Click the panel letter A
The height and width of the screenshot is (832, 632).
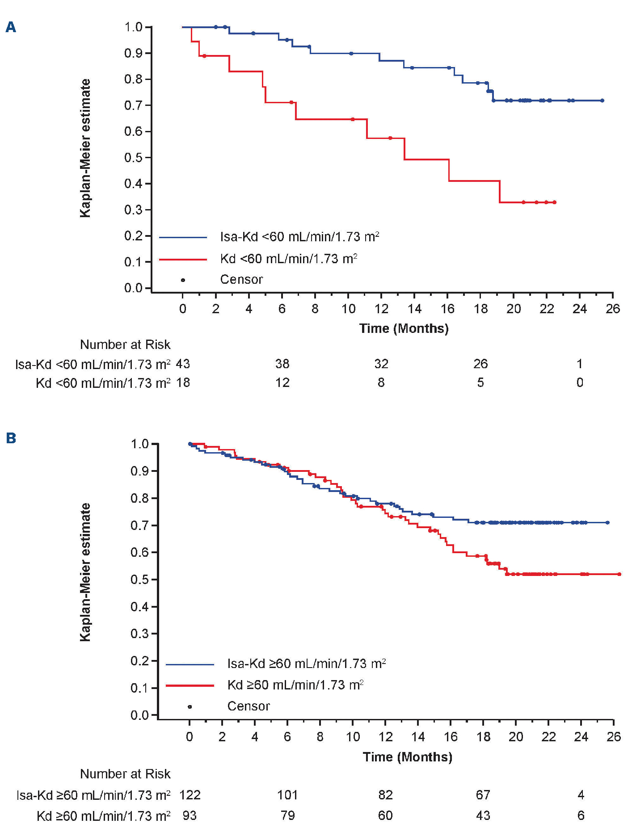coord(11,27)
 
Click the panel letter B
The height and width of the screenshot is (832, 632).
coord(11,438)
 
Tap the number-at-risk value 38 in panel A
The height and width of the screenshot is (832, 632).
coord(282,364)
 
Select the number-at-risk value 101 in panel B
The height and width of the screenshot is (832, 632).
coord(287,795)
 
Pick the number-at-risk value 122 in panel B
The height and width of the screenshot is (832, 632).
coord(190,795)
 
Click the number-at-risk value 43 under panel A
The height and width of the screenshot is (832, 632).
coord(183,364)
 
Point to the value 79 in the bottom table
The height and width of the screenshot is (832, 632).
coord(287,815)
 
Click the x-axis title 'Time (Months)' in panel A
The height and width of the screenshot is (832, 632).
coord(404,328)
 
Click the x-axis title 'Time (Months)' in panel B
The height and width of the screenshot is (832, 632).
coord(407,756)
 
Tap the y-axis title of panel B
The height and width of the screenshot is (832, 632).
coord(85,572)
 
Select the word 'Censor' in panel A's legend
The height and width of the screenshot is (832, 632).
coord(241,279)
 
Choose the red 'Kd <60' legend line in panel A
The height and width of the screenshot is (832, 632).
coord(183,259)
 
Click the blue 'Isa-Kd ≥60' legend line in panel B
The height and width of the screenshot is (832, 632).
coord(190,664)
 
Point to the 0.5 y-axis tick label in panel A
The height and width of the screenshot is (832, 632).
coord(133,157)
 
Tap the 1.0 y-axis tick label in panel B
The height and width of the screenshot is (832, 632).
coord(139,444)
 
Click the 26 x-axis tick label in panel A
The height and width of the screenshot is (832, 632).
coord(613,309)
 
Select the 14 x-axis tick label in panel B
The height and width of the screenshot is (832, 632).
coord(418,736)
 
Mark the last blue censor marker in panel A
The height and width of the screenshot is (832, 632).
coord(602,101)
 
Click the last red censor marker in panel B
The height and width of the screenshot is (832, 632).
coord(619,574)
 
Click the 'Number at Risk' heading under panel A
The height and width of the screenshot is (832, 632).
coord(125,345)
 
